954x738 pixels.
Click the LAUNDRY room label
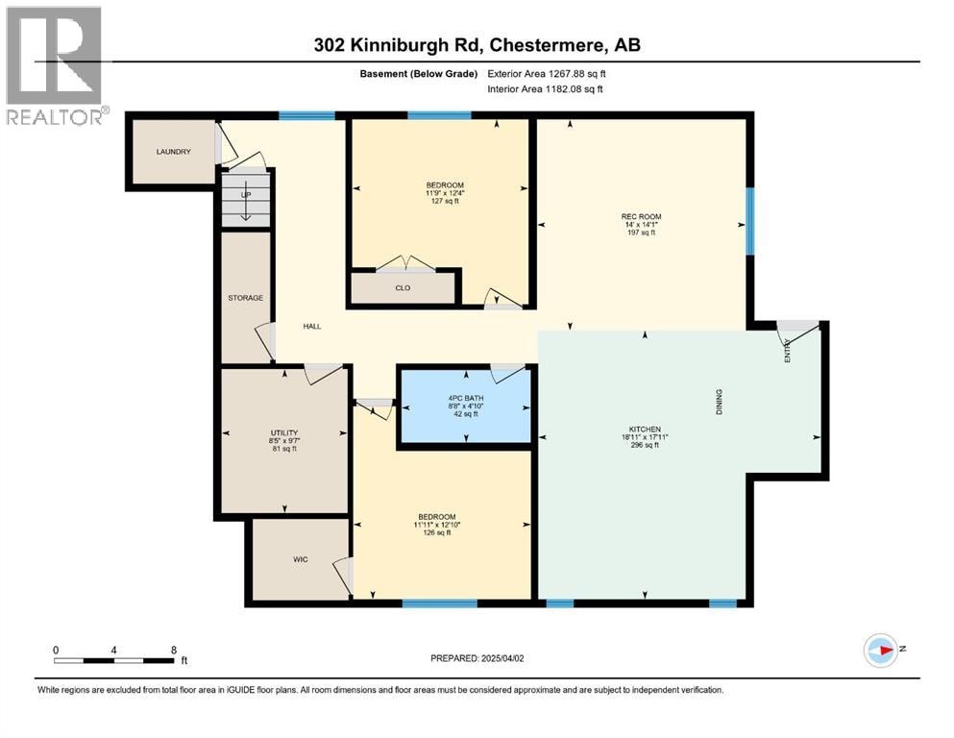coord(173,152)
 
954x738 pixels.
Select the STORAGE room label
coord(246,298)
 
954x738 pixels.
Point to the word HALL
coord(312,326)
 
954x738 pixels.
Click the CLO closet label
coord(403,287)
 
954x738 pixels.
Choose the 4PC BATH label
coord(466,398)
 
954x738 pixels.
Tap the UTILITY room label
coord(284,432)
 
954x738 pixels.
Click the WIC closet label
coord(301,559)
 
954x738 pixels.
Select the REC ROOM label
coord(641,216)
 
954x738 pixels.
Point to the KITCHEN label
coord(645,429)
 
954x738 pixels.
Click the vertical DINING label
coord(720,402)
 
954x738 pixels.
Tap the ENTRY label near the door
coord(787,351)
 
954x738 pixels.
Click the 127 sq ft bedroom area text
coord(445,201)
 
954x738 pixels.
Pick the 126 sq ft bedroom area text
coord(437,532)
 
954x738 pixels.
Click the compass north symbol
coord(881,650)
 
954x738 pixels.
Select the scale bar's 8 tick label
coord(173,650)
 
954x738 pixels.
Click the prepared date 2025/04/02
coord(502,658)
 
